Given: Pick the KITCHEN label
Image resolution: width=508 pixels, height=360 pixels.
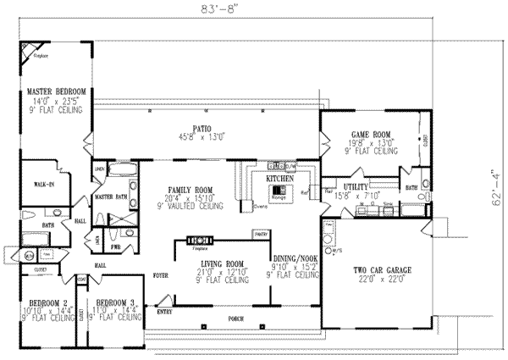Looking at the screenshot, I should click(x=280, y=180).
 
